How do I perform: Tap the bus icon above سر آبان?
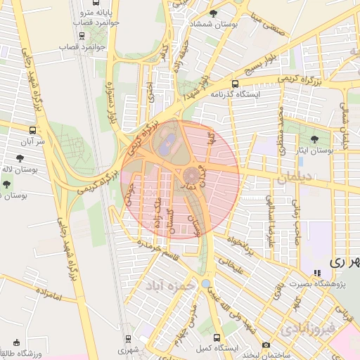click(32, 130)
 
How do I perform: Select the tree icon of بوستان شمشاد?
click(214, 13)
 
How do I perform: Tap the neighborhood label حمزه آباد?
click(169, 287)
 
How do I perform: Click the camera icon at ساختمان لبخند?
click(266, 345)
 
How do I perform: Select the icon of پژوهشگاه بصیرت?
click(316, 273)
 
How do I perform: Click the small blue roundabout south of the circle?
click(205, 283)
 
